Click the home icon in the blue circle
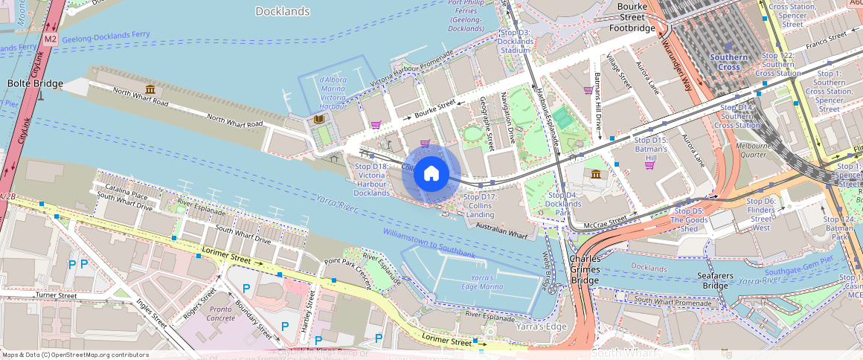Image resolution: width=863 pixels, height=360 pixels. [x=431, y=174]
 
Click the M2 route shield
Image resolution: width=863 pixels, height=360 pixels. [x=50, y=38]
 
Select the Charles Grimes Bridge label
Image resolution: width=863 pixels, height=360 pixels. [x=585, y=269]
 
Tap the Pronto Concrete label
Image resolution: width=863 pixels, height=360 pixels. [x=221, y=313]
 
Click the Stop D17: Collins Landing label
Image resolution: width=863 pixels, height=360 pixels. [x=478, y=205]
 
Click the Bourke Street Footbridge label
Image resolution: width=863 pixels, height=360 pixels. [x=632, y=17]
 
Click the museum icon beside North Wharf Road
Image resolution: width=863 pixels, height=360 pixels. [x=149, y=90]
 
